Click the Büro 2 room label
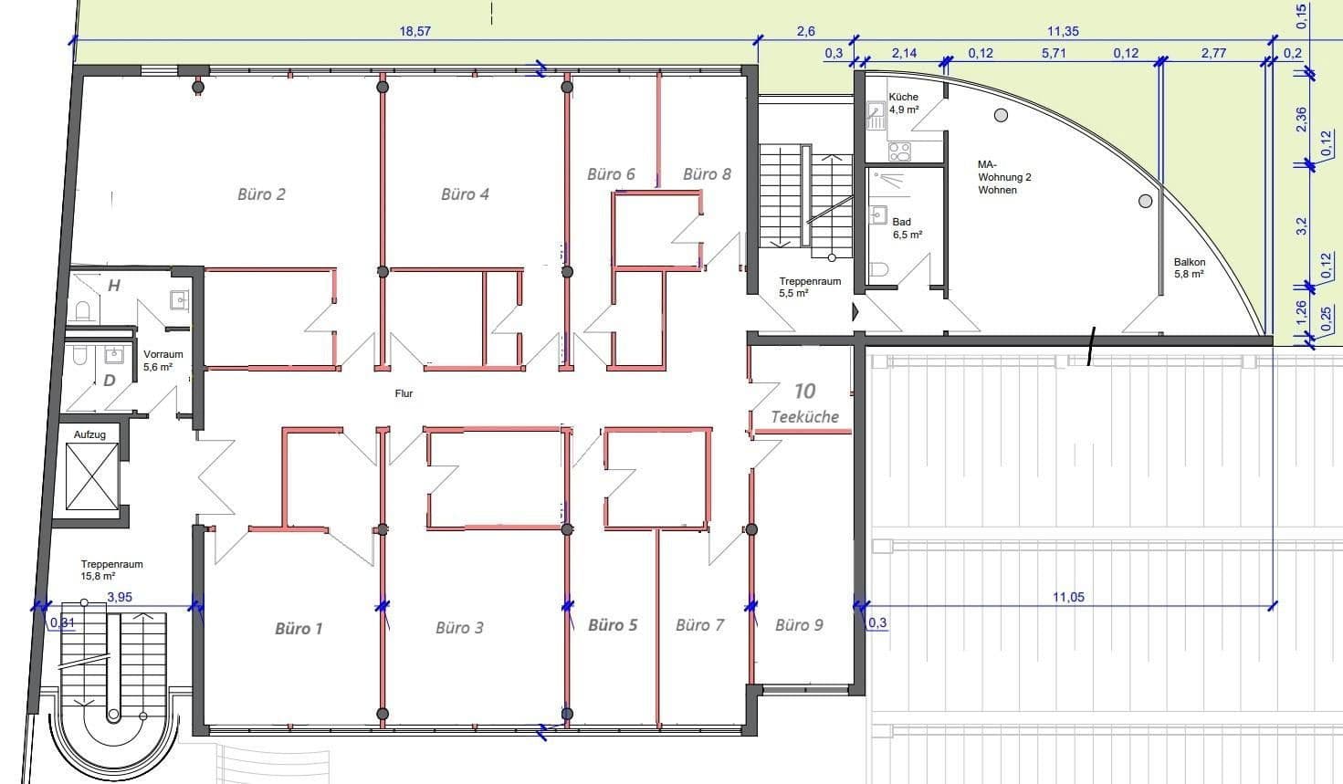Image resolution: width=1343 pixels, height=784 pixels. pyautogui.click(x=261, y=193)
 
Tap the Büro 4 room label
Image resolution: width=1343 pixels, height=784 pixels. pyautogui.click(x=465, y=193)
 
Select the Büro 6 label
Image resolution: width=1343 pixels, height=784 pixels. pyautogui.click(x=611, y=173)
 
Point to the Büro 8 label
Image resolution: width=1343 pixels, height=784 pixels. pyautogui.click(x=707, y=173)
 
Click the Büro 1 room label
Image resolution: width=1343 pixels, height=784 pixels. pyautogui.click(x=299, y=628)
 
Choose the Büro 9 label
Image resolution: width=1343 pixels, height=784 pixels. pyautogui.click(x=799, y=624)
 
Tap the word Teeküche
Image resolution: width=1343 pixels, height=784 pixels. pyautogui.click(x=804, y=416)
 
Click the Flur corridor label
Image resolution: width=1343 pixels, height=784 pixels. pyautogui.click(x=404, y=393)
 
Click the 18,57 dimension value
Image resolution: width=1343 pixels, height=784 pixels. pyautogui.click(x=414, y=31)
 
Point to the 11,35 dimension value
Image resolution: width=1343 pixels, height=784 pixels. pyautogui.click(x=1063, y=31)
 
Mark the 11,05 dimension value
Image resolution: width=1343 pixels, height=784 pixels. pyautogui.click(x=1068, y=597)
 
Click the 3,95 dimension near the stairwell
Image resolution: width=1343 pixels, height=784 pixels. pyautogui.click(x=120, y=597)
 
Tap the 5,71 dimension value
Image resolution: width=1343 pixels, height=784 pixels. pyautogui.click(x=1054, y=53)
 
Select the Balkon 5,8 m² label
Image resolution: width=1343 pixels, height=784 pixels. pyautogui.click(x=1189, y=267)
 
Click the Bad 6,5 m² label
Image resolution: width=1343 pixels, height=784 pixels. pyautogui.click(x=907, y=228)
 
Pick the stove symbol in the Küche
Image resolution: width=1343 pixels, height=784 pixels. pyautogui.click(x=898, y=151)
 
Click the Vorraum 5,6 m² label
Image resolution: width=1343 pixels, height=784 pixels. pyautogui.click(x=163, y=361)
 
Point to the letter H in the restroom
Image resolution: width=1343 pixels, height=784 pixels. pyautogui.click(x=114, y=286)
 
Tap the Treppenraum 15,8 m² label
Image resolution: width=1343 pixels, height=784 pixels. pyautogui.click(x=111, y=570)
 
